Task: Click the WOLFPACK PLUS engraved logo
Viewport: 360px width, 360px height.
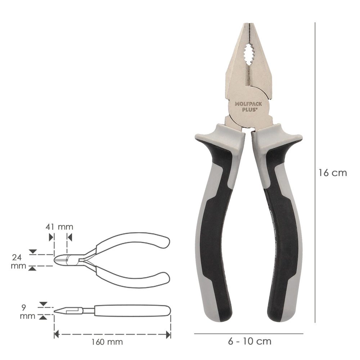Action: [248, 107]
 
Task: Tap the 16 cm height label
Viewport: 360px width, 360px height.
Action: [332, 173]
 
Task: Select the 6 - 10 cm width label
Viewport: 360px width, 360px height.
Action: [249, 341]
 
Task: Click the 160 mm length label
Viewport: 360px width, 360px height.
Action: [107, 342]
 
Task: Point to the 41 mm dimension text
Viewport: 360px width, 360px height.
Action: [59, 227]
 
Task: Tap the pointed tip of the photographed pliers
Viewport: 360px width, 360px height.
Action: [249, 23]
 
